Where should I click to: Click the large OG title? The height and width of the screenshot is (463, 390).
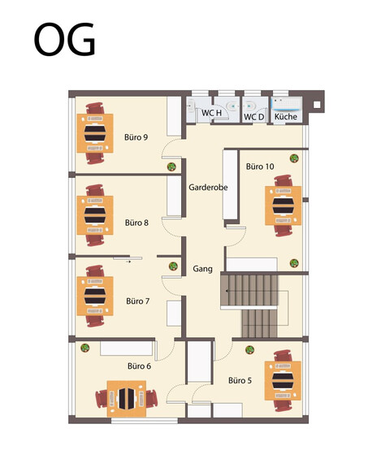pyautogui.click(x=64, y=38)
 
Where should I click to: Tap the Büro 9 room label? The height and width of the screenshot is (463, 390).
pyautogui.click(x=136, y=137)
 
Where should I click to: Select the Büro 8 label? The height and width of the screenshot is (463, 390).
pyautogui.click(x=136, y=222)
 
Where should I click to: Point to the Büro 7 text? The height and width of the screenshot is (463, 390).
pyautogui.click(x=137, y=301)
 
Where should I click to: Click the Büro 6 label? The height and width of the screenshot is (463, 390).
pyautogui.click(x=139, y=366)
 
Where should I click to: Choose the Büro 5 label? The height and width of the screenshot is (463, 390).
pyautogui.click(x=240, y=380)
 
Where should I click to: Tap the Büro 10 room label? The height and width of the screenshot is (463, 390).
pyautogui.click(x=260, y=166)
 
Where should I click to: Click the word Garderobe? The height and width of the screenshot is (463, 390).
pyautogui.click(x=208, y=187)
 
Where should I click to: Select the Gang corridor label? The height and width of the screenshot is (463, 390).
pyautogui.click(x=203, y=269)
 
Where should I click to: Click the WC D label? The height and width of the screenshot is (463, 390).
pyautogui.click(x=254, y=118)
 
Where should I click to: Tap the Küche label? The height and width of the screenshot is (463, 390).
pyautogui.click(x=285, y=118)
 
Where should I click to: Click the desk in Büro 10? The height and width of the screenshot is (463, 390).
pyautogui.click(x=284, y=206)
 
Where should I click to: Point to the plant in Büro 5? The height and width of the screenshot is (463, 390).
pyautogui.click(x=249, y=350)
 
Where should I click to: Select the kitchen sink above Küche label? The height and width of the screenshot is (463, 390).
pyautogui.click(x=286, y=104)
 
